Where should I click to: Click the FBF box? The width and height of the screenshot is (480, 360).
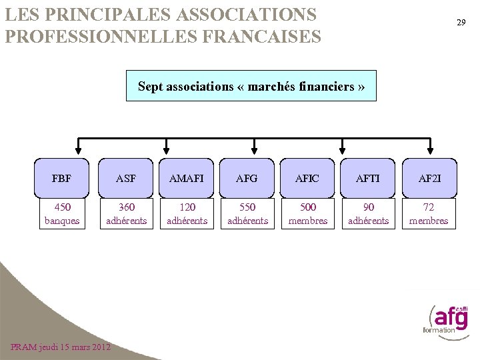[x=61, y=178]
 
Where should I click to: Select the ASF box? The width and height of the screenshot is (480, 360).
[x=125, y=178]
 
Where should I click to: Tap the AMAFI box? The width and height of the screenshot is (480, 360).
[x=187, y=178]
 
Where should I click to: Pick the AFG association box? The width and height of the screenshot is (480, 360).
[x=247, y=178]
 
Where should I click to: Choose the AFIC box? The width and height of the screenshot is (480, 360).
[x=307, y=178]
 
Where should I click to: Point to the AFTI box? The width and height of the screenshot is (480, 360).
[x=368, y=178]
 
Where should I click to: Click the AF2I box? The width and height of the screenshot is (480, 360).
[x=429, y=178]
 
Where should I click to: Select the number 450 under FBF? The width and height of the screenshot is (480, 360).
[x=62, y=207]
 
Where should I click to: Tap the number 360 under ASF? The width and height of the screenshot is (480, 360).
[x=126, y=207]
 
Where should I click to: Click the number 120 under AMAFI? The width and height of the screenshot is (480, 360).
[x=187, y=207]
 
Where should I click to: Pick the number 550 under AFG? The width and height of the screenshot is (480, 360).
[x=247, y=207]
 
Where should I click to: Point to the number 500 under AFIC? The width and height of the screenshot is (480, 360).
[x=308, y=207]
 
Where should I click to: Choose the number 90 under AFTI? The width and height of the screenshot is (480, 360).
[x=369, y=207]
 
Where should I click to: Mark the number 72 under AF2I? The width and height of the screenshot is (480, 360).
[x=429, y=207]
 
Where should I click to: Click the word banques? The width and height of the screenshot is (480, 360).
[x=62, y=221]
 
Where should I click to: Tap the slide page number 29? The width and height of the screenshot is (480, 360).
[x=461, y=23]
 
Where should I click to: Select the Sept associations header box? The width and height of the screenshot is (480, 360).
[x=251, y=86]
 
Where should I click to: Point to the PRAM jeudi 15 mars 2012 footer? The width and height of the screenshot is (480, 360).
[x=61, y=347]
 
